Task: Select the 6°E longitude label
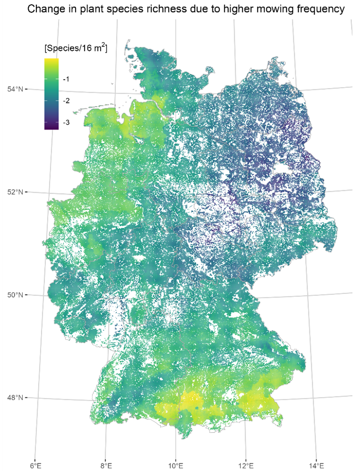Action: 35,465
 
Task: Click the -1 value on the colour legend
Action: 66,79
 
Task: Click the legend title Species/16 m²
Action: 75,48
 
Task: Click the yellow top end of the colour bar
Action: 51,61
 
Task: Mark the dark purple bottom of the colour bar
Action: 51,127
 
